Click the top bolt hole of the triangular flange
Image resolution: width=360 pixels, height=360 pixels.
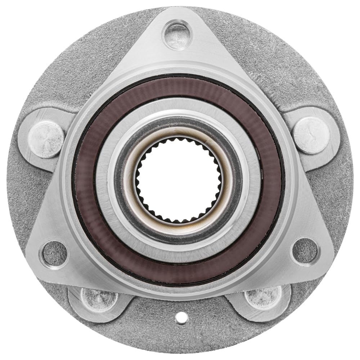point(176,35)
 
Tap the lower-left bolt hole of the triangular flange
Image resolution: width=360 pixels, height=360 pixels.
point(54,253)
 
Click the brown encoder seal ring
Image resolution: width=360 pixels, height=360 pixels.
point(180,89)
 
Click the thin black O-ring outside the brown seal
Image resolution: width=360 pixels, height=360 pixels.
point(180,76)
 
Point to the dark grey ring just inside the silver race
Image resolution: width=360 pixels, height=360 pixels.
point(180,124)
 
